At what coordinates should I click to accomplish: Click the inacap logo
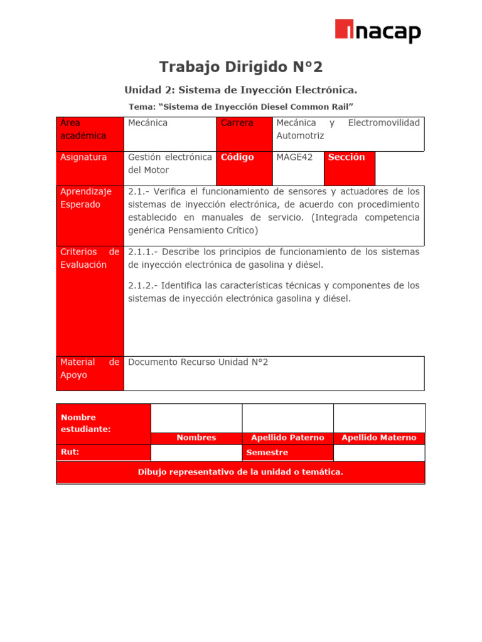click(377, 31)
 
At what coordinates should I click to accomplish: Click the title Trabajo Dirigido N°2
click(241, 66)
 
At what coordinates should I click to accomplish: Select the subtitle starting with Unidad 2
click(241, 90)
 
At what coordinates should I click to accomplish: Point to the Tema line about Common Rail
click(241, 107)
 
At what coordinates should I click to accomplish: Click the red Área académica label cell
click(90, 133)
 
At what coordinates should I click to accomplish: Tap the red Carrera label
click(244, 133)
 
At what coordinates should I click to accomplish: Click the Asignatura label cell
click(90, 167)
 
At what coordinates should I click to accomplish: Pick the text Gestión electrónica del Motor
click(169, 164)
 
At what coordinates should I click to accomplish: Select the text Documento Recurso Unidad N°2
click(198, 362)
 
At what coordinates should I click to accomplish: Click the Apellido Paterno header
click(287, 438)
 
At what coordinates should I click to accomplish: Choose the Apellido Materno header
click(378, 438)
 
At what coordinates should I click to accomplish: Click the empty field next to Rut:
click(196, 453)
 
